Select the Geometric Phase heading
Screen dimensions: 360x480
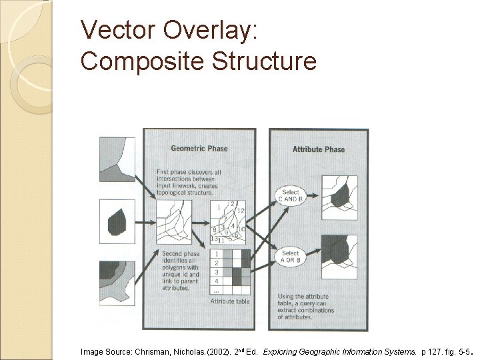pos(199,148)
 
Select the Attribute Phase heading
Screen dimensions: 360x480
pos(319,149)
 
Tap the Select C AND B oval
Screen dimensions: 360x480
pos(290,195)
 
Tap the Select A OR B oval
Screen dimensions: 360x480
pos(290,257)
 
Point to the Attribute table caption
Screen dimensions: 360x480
pos(229,302)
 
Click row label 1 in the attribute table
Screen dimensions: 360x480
pos(216,255)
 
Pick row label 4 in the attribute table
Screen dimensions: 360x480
pos(216,281)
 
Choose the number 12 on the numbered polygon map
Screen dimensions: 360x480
pos(241,211)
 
